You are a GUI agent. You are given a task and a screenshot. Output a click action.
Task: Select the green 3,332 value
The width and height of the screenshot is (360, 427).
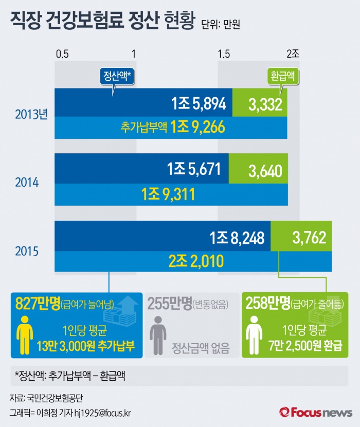[x=265, y=105]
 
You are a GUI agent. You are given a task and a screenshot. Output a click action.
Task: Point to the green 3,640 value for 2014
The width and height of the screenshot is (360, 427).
[x=265, y=171]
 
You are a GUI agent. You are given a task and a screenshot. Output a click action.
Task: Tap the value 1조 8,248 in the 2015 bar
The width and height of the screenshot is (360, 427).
[x=237, y=238]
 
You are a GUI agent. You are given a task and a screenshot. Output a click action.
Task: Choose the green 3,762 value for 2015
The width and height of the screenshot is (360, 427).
[x=309, y=238]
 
